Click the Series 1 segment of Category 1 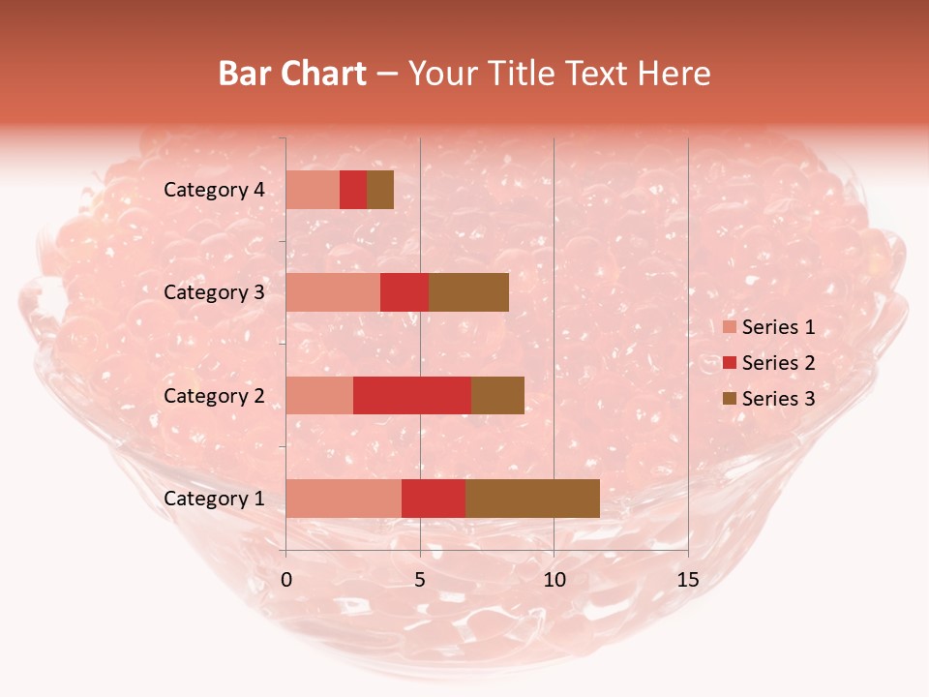tap(344, 498)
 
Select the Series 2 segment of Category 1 tap(434, 498)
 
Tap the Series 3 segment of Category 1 tap(532, 498)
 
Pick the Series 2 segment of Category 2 tap(412, 395)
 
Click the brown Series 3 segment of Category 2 tap(497, 395)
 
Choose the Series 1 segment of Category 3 tap(333, 292)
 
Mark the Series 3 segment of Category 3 tap(468, 292)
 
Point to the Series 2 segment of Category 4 tap(353, 190)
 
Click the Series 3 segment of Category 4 tap(380, 190)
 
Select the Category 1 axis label tap(214, 499)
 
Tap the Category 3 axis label tap(214, 292)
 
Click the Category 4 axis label tap(214, 190)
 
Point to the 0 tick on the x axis tap(286, 581)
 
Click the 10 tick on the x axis tap(554, 581)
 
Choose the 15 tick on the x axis tap(687, 581)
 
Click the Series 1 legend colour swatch tap(729, 327)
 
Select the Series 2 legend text tap(778, 363)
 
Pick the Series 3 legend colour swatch tap(729, 399)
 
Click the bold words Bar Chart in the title tap(292, 74)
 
